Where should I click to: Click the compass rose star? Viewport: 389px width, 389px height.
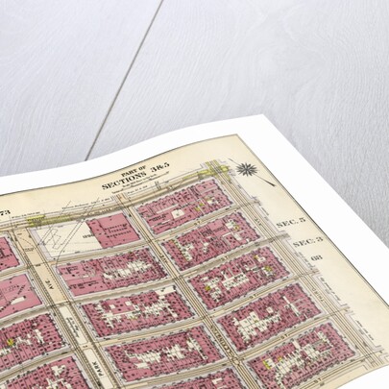[x=248, y=171]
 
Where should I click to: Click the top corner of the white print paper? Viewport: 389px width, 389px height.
[x=237, y=116]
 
